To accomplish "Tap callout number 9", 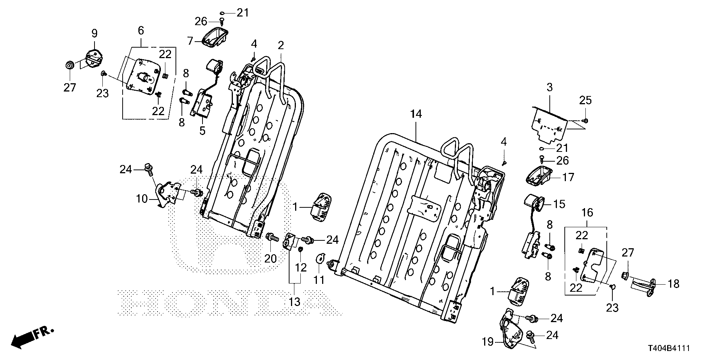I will point(94,34).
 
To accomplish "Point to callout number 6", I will point(141,31).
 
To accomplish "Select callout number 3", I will point(549,88).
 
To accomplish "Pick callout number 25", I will point(585,100).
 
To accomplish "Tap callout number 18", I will point(673,284).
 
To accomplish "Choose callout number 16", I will point(587,213).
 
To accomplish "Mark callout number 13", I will point(295,302).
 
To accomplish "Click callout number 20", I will point(270,258).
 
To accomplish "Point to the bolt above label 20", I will point(271,237).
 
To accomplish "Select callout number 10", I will point(142,199).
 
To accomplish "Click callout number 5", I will point(202,131).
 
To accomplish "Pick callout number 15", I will point(559,204).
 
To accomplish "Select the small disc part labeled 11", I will point(320,258).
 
